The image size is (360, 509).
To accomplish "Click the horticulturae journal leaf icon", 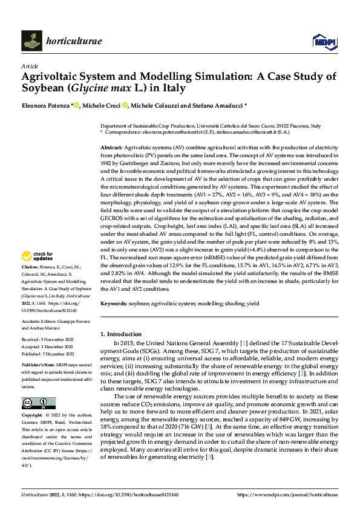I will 31,41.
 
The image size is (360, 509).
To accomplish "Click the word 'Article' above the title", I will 29,65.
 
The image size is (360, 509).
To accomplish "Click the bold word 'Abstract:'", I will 111,148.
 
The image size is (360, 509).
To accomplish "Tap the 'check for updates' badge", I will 38,273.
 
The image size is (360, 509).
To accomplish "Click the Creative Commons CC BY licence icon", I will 38,386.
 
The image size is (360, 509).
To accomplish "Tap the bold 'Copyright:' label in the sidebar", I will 33,399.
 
